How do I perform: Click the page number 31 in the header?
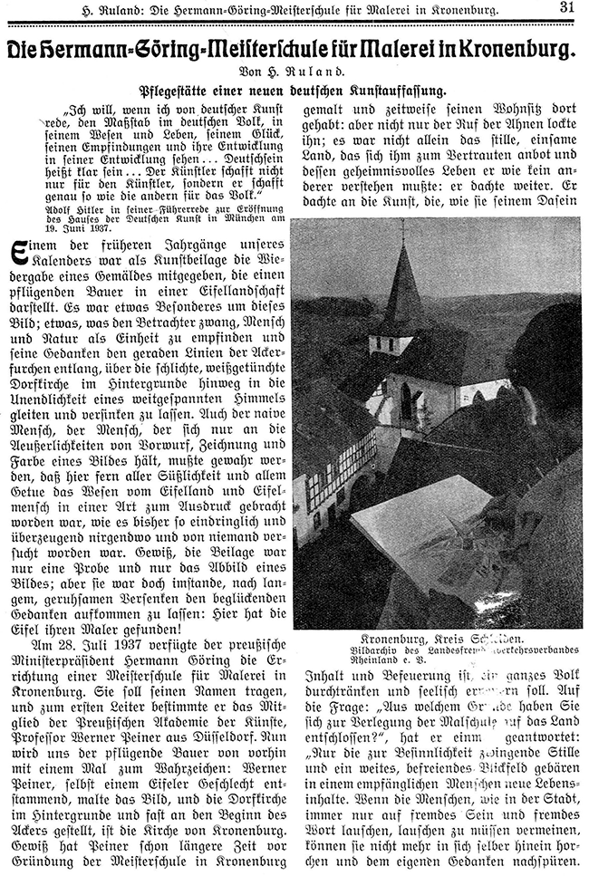566,8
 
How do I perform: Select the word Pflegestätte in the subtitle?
175,91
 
